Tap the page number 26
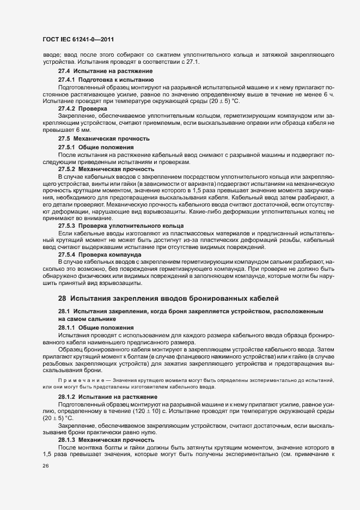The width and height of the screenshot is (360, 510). pyautogui.click(x=46, y=466)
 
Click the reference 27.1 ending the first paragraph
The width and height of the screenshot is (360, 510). pyautogui.click(x=193, y=62)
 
